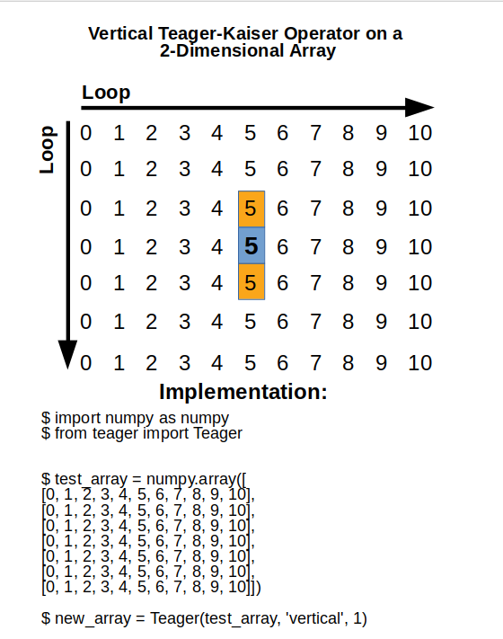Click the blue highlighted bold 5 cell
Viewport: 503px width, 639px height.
(x=251, y=245)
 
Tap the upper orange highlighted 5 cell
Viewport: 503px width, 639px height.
(x=251, y=209)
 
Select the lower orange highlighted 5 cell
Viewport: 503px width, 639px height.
(x=251, y=282)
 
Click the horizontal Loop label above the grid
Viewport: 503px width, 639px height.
(x=106, y=92)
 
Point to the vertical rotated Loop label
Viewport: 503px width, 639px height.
(x=49, y=148)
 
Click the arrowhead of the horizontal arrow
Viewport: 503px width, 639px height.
(x=419, y=107)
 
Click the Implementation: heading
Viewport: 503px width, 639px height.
(x=243, y=392)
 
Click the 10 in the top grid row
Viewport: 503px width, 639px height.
(x=419, y=134)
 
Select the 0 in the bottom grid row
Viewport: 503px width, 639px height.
(x=86, y=363)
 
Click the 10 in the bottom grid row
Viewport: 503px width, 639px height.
(x=419, y=363)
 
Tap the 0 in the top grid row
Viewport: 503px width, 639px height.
(x=86, y=134)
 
